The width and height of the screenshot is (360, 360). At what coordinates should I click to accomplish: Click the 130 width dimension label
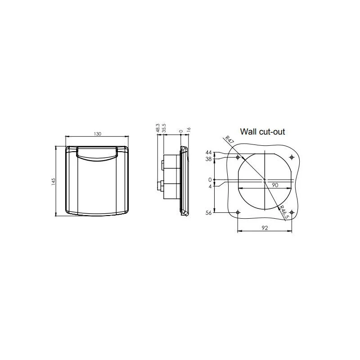coord(97,134)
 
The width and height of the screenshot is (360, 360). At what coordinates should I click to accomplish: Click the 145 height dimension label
coord(54,182)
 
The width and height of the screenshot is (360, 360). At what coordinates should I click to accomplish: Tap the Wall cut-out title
coord(262,132)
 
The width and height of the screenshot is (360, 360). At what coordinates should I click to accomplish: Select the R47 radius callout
coord(229,140)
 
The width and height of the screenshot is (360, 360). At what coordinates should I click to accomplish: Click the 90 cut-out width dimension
coord(275,185)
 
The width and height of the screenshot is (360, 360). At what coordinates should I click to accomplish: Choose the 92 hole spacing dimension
coord(265,228)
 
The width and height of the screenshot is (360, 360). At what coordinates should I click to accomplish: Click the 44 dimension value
coord(208,153)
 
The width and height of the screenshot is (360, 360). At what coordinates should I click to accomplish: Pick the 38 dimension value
coord(208,159)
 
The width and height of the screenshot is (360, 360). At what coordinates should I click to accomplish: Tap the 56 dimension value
coord(208,213)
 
